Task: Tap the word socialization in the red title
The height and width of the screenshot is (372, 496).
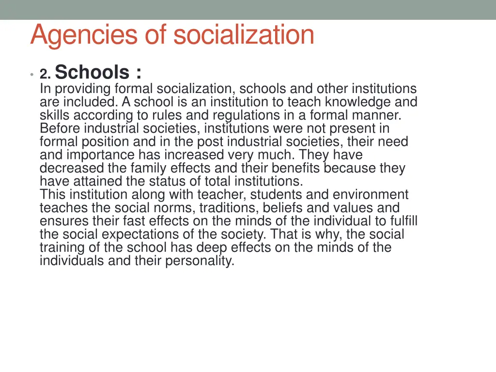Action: pos(244,35)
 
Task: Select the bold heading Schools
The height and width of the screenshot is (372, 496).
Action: pos(92,73)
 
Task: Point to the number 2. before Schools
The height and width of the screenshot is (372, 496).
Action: pos(46,74)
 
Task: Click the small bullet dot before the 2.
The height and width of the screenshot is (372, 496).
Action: pos(31,75)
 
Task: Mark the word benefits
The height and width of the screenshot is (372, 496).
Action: pos(295,168)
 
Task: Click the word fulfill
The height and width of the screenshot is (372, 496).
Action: pos(403,221)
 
